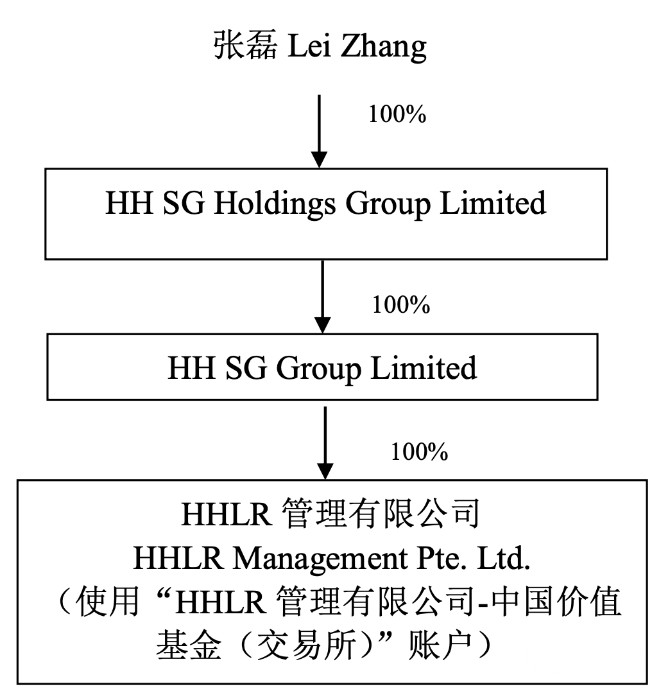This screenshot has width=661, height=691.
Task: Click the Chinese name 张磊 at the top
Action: pyautogui.click(x=245, y=47)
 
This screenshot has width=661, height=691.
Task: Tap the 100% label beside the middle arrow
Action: pyautogui.click(x=400, y=304)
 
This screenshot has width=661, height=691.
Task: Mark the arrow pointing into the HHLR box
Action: pyautogui.click(x=326, y=442)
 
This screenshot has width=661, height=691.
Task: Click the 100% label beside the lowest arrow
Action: pyautogui.click(x=419, y=452)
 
